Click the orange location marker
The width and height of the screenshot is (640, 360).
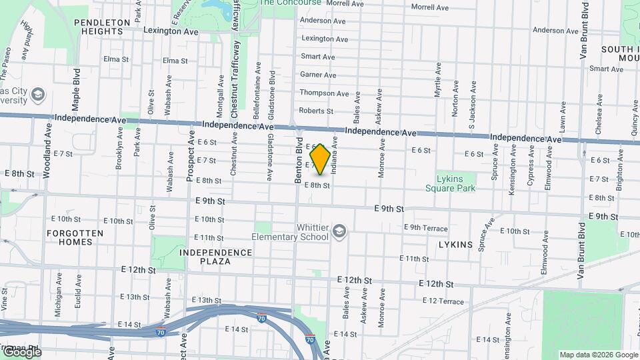click(320, 159)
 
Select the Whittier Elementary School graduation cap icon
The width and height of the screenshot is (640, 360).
click(339, 231)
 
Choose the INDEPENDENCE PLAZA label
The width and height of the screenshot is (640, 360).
click(215, 257)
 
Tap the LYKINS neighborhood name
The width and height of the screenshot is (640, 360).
click(455, 245)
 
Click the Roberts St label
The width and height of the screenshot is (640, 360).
click(316, 111)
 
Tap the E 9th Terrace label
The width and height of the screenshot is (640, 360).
click(425, 228)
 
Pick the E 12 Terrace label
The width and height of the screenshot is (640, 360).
click(442, 301)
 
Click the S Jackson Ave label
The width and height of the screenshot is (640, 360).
click(472, 104)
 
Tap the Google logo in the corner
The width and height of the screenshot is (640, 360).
click(22, 352)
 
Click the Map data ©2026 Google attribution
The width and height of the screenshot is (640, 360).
click(598, 355)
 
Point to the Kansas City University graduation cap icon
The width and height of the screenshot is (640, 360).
click(37, 94)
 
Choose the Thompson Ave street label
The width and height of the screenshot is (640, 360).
click(324, 93)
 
